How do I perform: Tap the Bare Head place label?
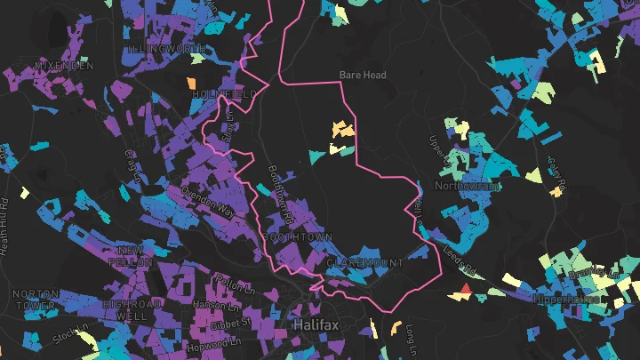[363, 76]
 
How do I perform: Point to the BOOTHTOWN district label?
[298, 237]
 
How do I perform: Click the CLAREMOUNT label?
[364, 264]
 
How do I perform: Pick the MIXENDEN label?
[64, 66]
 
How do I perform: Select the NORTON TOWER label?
[36, 300]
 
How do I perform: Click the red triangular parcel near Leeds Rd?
[464, 290]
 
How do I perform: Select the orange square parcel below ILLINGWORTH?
[190, 84]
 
